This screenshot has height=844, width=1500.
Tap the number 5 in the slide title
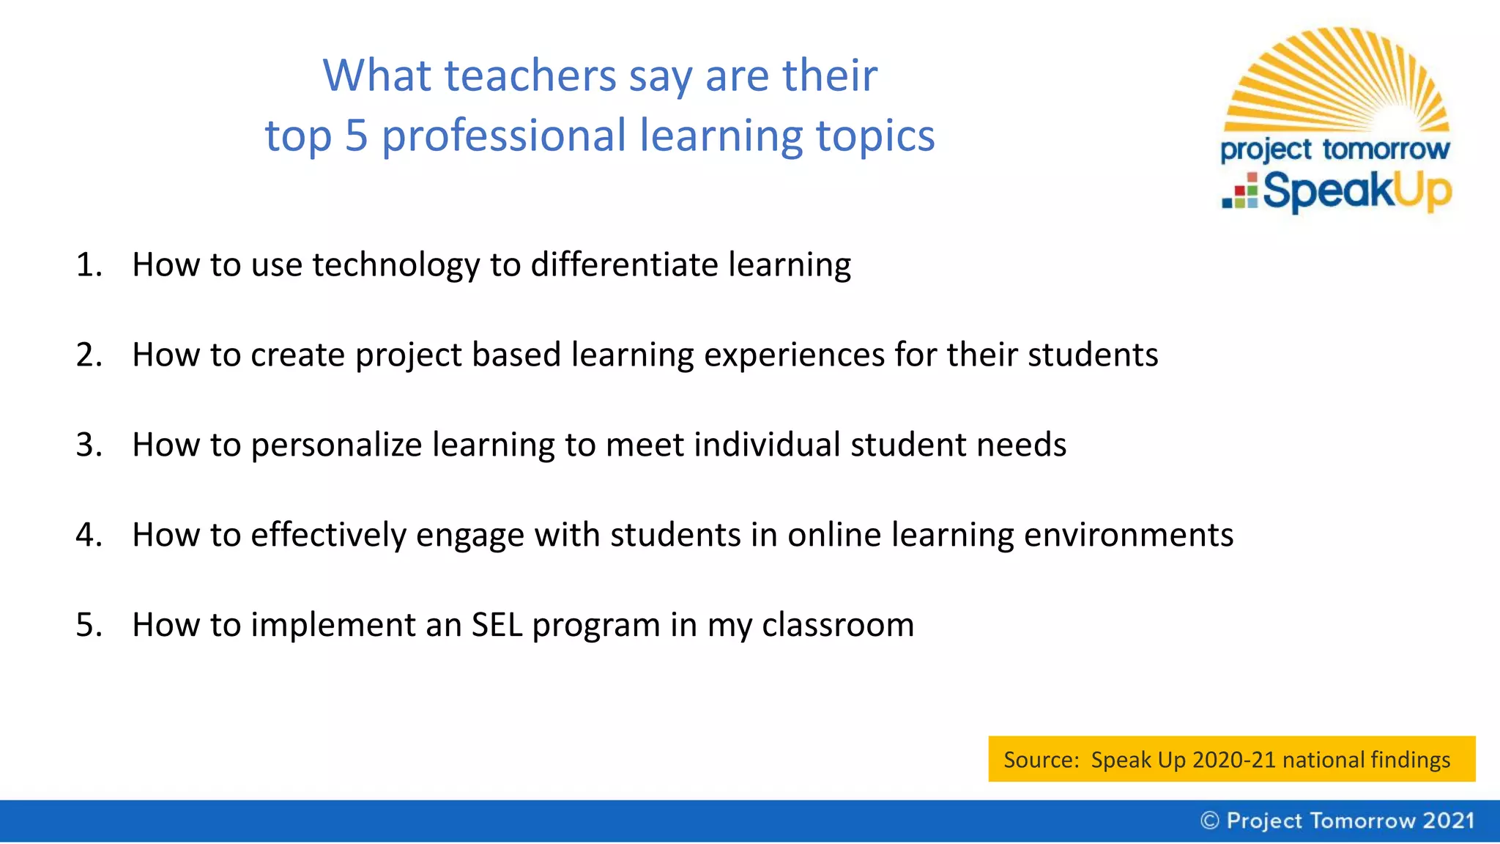click(x=356, y=136)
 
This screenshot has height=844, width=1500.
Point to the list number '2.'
click(x=89, y=355)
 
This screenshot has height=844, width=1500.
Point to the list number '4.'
click(x=89, y=536)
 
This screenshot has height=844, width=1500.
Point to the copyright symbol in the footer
click(x=1209, y=821)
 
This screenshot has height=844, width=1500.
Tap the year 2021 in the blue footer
click(x=1448, y=821)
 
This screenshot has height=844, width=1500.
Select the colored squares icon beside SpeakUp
click(x=1240, y=192)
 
